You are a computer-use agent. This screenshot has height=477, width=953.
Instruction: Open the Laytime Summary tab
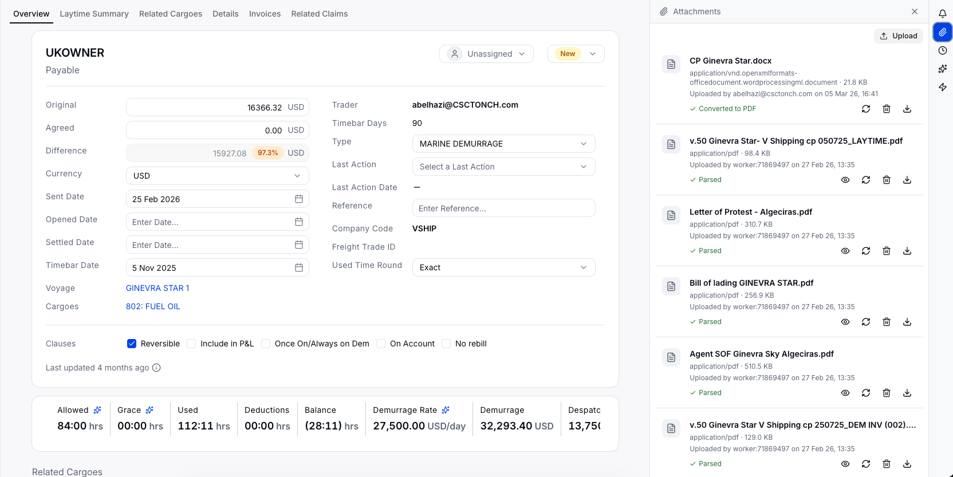94,14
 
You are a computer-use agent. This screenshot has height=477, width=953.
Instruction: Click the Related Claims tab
319,14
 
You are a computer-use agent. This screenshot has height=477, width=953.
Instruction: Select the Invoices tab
265,14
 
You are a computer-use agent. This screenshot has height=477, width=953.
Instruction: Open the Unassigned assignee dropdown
486,54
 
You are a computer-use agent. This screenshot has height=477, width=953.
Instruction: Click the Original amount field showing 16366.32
218,107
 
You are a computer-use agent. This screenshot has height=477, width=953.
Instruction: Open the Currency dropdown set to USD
218,176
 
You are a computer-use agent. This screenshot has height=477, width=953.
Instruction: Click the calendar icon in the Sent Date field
298,199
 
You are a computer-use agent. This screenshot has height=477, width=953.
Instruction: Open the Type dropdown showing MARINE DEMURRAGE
503,144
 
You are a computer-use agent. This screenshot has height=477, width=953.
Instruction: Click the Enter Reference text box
503,208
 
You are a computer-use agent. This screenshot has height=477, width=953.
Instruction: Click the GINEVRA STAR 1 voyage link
157,288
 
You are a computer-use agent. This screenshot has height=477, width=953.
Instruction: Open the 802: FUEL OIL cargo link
153,306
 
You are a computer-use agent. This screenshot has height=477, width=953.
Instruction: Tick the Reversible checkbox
132,344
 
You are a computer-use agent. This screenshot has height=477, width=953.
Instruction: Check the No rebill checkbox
446,344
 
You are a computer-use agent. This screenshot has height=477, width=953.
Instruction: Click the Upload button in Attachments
898,36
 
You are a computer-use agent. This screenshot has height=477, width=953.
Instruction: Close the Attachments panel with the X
914,11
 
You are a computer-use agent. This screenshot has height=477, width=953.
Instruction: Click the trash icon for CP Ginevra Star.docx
886,109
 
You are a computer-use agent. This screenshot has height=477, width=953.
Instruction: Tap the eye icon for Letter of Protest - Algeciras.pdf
845,251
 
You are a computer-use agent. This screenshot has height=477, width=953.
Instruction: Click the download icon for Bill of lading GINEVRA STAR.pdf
907,322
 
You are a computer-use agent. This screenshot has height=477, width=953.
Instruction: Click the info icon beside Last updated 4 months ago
156,368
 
